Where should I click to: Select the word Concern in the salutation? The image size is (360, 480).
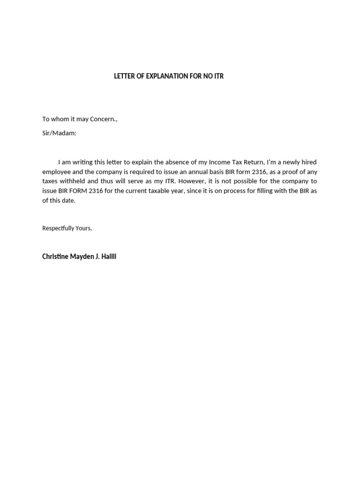[103, 119]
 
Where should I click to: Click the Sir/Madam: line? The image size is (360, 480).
[59, 133]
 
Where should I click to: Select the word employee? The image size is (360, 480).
[56, 172]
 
